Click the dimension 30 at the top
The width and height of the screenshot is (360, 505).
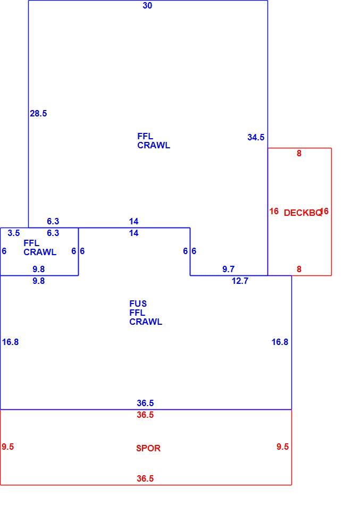click(x=147, y=5)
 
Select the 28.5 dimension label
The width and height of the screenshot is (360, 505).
click(x=38, y=113)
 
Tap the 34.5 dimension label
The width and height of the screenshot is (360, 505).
click(x=256, y=138)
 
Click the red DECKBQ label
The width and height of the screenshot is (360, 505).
click(x=303, y=213)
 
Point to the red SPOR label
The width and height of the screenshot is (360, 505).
click(x=148, y=448)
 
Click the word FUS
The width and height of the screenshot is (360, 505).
click(x=138, y=304)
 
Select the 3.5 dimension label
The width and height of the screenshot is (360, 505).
click(x=14, y=233)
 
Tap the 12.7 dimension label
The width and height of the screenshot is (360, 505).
click(x=240, y=281)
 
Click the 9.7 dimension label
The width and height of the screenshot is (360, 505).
click(x=229, y=270)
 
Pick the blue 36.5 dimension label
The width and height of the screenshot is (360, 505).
click(x=145, y=403)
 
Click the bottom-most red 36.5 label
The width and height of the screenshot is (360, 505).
click(x=145, y=478)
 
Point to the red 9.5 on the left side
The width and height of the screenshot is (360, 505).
click(x=8, y=447)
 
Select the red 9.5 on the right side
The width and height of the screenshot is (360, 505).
click(x=283, y=447)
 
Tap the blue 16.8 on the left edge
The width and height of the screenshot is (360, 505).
click(x=10, y=342)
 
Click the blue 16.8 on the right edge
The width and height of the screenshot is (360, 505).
click(x=280, y=342)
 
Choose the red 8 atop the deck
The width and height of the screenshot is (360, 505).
click(x=299, y=153)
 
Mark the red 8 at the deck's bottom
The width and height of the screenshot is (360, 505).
click(x=299, y=270)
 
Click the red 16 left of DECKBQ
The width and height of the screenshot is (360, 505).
click(x=274, y=211)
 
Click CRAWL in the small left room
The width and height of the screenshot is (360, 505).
click(x=40, y=252)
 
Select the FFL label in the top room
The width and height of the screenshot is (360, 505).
click(x=145, y=136)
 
